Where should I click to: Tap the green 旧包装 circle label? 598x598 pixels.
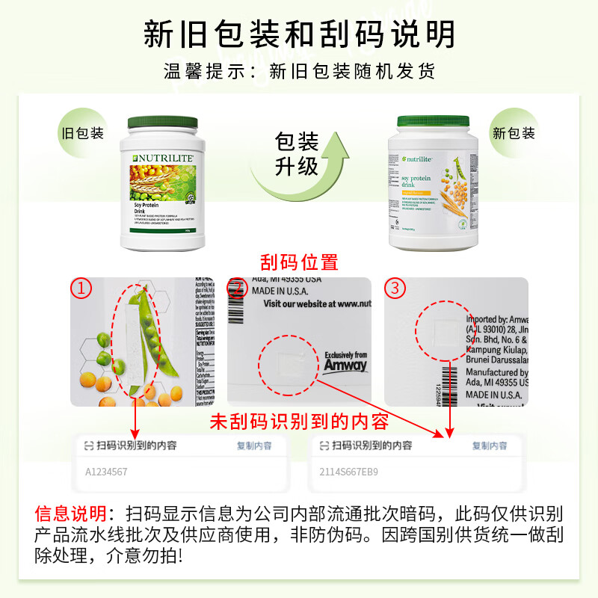tap(81, 134)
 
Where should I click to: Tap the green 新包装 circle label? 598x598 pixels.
tap(514, 134)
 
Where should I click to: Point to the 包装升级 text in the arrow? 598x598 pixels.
tap(298, 153)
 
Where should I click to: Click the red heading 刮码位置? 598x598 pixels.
tap(299, 262)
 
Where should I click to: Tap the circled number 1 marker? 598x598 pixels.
tap(81, 288)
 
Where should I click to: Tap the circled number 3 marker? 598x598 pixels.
tap(395, 288)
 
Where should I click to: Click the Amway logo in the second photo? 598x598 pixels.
tap(345, 364)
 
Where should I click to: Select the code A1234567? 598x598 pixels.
tap(106, 472)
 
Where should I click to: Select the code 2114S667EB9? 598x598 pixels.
tap(349, 472)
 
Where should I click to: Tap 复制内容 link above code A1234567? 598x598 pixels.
tap(254, 446)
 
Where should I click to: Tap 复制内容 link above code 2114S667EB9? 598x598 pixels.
tap(490, 446)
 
